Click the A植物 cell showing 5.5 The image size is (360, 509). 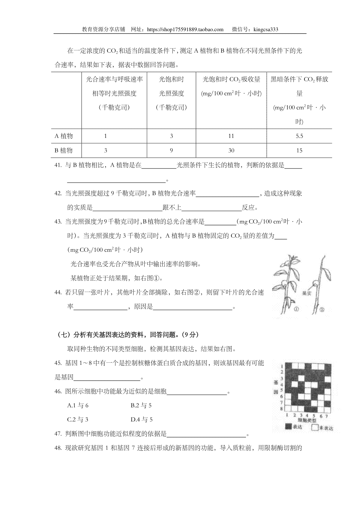coord(299,136)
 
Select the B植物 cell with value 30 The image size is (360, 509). coord(231,150)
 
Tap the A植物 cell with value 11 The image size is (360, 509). coord(231,136)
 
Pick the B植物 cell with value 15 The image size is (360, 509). coord(299,150)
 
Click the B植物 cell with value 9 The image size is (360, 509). coord(171,150)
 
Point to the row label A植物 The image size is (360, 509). coord(64,136)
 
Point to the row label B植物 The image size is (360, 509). coord(64,150)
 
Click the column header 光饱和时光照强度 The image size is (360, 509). coord(171,93)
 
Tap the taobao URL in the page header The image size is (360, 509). coord(186,29)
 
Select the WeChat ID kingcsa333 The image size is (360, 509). coord(266,29)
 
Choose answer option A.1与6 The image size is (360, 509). coord(78,406)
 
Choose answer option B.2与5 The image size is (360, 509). coord(141,406)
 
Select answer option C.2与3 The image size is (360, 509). coord(78,419)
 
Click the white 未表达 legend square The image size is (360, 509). coord(315,427)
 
